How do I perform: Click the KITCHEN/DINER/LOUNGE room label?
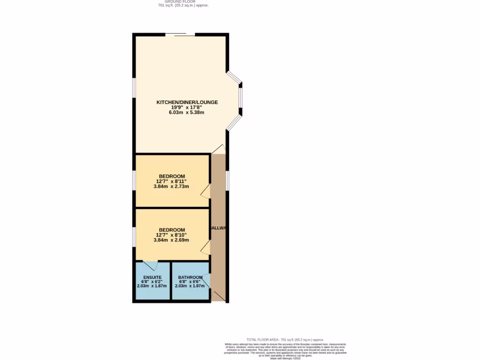(x=187, y=102)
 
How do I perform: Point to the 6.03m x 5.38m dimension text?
(x=187, y=112)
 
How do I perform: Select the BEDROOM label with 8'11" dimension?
(x=172, y=176)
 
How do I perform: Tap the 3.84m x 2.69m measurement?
(x=171, y=240)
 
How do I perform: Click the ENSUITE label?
(x=152, y=277)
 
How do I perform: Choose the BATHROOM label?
(x=190, y=277)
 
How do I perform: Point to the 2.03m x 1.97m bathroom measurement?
(x=190, y=286)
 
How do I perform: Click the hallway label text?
(x=218, y=228)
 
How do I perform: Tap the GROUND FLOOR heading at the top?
(x=183, y=2)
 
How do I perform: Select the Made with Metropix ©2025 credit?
(x=285, y=358)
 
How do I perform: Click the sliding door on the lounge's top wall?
(x=180, y=35)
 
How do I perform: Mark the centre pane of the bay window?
(x=240, y=98)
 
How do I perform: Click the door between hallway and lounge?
(x=218, y=149)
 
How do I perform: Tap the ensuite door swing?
(x=150, y=265)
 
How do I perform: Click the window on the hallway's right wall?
(x=227, y=181)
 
